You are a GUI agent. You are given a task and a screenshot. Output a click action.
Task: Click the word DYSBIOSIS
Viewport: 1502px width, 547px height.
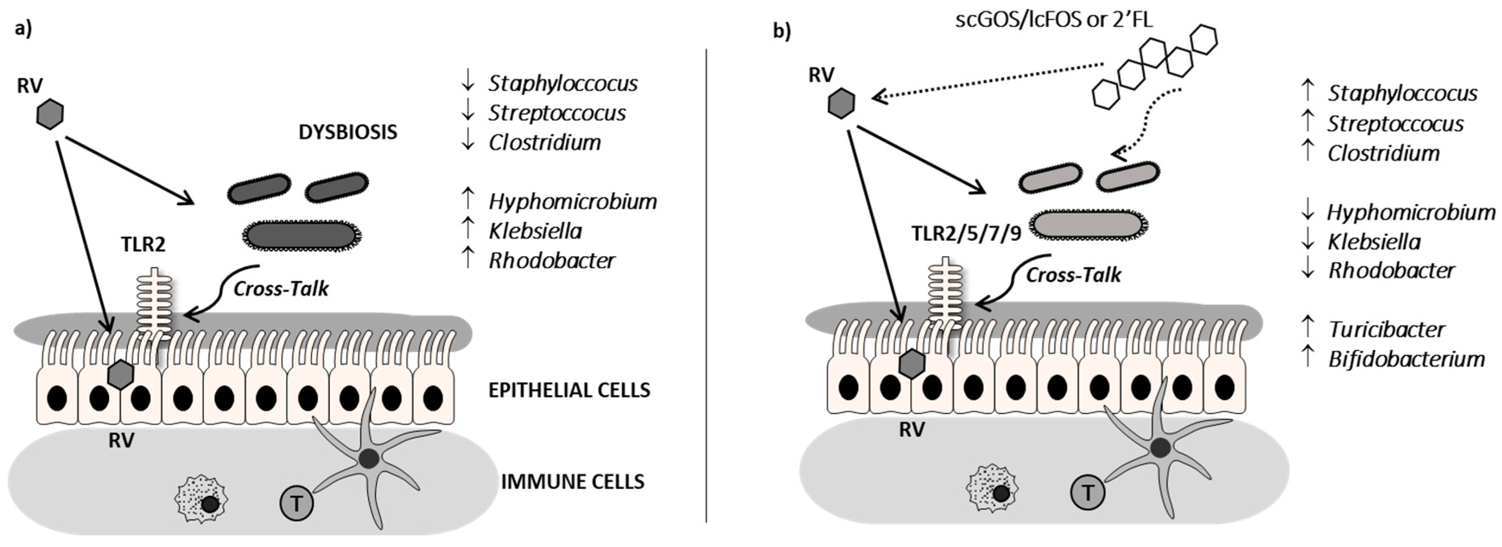348,132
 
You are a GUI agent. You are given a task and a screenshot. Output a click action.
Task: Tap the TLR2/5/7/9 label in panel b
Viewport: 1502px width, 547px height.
966,233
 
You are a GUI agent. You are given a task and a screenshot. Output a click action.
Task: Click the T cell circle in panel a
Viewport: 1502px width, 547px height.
297,503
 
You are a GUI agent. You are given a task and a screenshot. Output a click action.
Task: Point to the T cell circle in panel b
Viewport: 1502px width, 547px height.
1088,493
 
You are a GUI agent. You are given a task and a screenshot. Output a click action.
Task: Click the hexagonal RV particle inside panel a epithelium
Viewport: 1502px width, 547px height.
121,374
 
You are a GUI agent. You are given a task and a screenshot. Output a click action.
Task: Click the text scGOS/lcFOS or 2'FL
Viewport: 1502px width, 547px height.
1054,20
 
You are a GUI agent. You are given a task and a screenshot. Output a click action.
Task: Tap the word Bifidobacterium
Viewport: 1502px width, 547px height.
1407,359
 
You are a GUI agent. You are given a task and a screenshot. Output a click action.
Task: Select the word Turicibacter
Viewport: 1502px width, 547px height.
1387,330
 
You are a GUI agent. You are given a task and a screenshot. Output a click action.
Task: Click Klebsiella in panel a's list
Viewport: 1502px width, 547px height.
535,231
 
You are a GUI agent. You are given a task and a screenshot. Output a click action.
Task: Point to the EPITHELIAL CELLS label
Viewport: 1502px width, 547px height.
569,390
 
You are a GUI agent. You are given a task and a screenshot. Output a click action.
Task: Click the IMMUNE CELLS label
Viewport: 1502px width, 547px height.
573,482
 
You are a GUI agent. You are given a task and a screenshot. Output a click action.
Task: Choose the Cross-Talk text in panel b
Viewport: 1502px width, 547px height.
1073,275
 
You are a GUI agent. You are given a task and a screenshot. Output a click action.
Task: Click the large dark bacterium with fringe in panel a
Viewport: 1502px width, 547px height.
301,235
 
